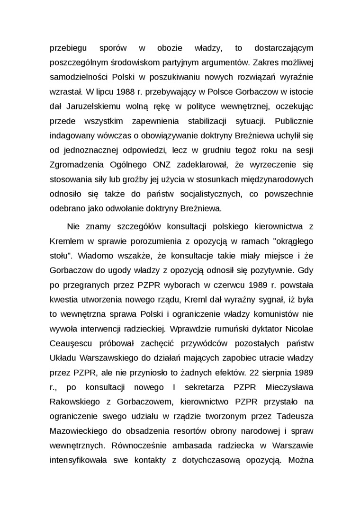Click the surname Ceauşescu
click(x=72, y=343)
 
